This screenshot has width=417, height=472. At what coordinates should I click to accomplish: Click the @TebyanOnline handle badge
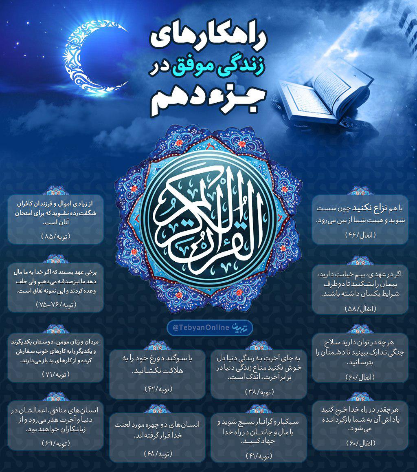pos(209,328)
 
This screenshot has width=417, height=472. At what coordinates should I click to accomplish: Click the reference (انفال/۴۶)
pos(360,235)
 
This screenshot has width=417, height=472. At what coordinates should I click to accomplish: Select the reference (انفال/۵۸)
pos(360,309)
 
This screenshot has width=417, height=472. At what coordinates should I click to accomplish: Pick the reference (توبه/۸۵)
pos(55,236)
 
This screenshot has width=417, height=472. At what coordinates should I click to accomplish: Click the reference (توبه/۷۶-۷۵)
pos(55,304)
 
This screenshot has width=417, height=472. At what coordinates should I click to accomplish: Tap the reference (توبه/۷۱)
pos(55,374)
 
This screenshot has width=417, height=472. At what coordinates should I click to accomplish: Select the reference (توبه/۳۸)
pos(259,392)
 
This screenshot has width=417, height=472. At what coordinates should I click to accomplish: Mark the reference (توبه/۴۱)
pos(259,455)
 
